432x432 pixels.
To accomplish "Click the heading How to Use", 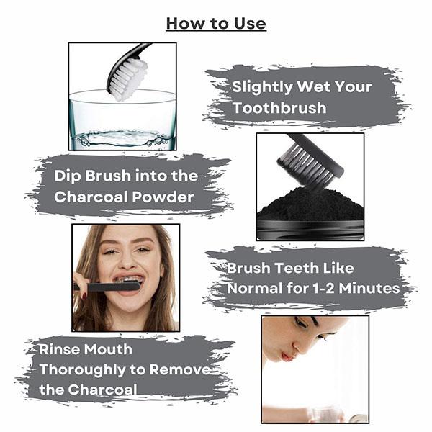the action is (x=216, y=24).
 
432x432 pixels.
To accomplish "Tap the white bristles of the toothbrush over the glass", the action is (x=130, y=78).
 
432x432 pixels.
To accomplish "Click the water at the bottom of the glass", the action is (x=122, y=139).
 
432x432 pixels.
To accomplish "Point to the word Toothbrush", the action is (x=279, y=108).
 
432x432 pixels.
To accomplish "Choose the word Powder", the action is (x=163, y=197).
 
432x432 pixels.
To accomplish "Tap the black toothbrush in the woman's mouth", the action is (x=107, y=287).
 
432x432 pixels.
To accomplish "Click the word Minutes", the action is (x=369, y=289).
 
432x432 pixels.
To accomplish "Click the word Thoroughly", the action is (x=83, y=370).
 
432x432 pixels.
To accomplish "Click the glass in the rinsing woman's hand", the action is (x=325, y=414).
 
